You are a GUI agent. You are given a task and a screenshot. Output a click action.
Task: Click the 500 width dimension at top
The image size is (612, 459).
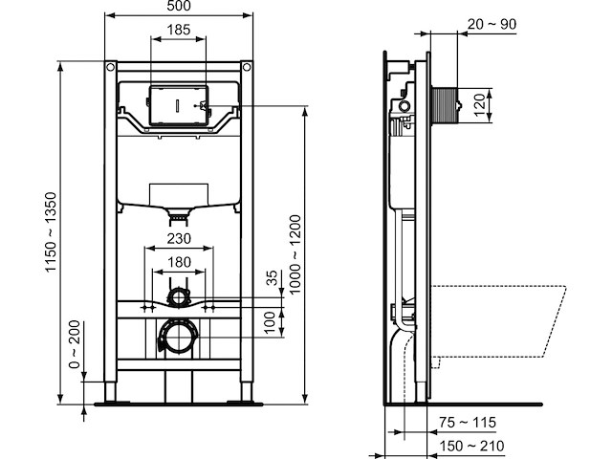(x=179, y=7)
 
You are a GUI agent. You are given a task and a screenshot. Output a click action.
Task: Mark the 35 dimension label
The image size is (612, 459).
(x=272, y=277)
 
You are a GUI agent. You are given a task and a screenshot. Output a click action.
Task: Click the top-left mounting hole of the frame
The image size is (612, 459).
(x=111, y=68)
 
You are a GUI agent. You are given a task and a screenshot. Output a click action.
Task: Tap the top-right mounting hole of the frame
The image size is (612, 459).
(x=247, y=68)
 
